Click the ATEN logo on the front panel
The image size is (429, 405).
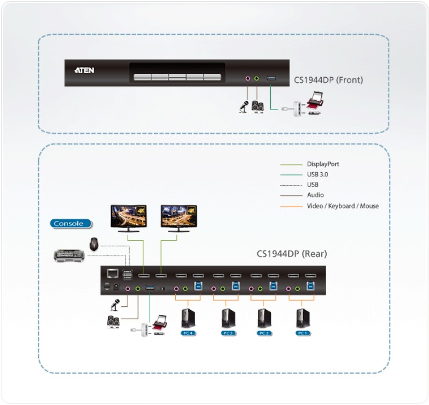pyautogui.click(x=85, y=69)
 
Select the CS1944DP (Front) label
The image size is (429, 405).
pyautogui.click(x=328, y=80)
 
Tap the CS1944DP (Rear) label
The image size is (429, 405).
pyautogui.click(x=292, y=254)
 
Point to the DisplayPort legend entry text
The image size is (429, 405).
pyautogui.click(x=323, y=164)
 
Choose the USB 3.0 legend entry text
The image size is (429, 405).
pyautogui.click(x=319, y=174)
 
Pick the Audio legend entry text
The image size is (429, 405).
pyautogui.click(x=315, y=195)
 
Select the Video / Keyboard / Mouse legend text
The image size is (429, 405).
pyautogui.click(x=343, y=206)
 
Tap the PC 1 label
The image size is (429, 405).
pyautogui.click(x=303, y=333)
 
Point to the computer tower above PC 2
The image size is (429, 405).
pyautogui.click(x=264, y=318)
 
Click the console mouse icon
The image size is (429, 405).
pyautogui.click(x=94, y=244)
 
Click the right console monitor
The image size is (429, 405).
pyautogui.click(x=179, y=217)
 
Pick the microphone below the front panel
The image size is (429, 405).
pyautogui.click(x=243, y=107)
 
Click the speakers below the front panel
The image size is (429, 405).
pyautogui.click(x=258, y=106)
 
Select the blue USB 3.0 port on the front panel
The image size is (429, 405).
pyautogui.click(x=272, y=79)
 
